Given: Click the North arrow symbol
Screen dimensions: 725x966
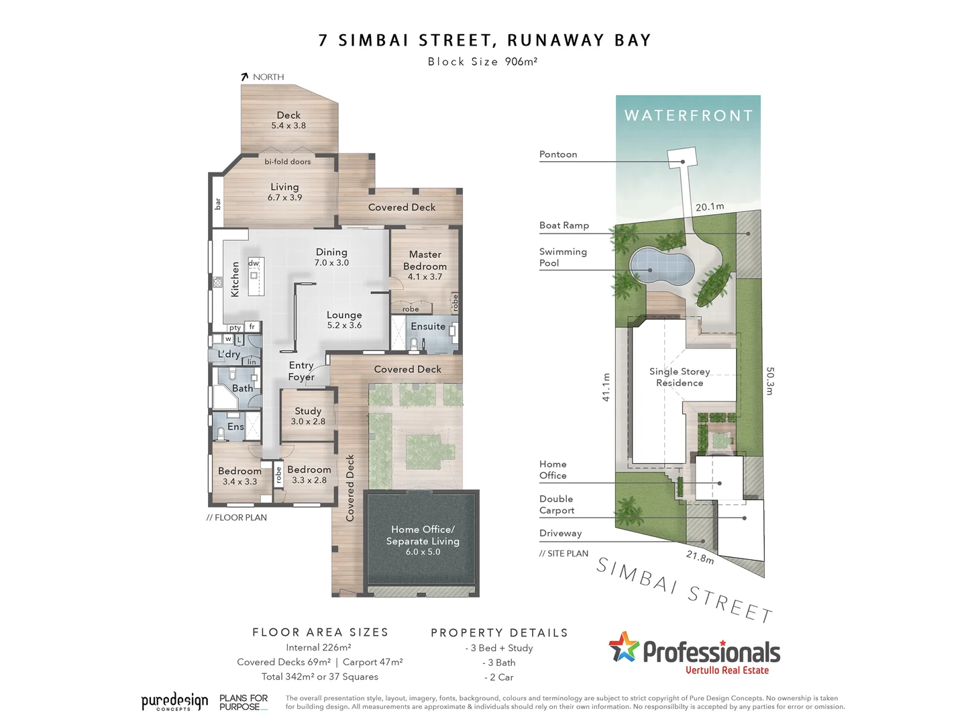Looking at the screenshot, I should tap(245, 77).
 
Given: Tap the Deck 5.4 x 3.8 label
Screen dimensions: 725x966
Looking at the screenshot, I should tap(288, 120).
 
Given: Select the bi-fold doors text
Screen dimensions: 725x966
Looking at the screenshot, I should tap(287, 162).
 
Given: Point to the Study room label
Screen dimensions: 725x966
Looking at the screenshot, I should tap(308, 416).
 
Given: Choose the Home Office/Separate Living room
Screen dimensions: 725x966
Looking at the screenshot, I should tap(423, 540).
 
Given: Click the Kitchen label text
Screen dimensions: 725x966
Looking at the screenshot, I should tap(235, 279).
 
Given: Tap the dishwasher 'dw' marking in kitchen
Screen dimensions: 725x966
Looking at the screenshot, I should tap(254, 263).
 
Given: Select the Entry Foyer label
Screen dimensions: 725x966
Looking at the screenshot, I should tap(301, 371).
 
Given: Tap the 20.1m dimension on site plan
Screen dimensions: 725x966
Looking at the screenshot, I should tap(710, 207).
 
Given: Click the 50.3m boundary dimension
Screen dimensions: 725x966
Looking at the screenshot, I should tap(769, 381).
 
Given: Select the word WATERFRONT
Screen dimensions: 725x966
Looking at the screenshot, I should tap(688, 115).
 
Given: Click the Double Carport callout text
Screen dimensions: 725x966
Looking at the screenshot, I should tap(557, 504).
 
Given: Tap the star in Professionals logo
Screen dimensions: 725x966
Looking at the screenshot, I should tap(624, 647).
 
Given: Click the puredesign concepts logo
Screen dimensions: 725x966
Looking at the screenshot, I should tap(174, 702).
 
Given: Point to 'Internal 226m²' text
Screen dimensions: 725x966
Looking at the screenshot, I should tap(319, 648).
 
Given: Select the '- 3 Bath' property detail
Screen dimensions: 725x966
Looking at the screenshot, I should tap(499, 663).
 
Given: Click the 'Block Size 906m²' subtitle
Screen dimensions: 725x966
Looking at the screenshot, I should tap(482, 62).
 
